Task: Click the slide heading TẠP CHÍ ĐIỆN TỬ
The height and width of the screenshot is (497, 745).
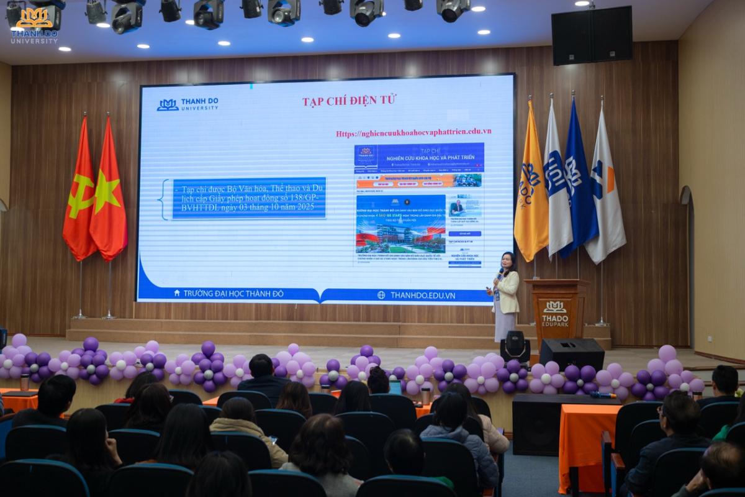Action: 349,101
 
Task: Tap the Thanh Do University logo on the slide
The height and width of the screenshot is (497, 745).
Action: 187,104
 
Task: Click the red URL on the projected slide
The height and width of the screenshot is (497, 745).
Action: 413,132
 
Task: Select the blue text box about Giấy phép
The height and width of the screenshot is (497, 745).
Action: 249,198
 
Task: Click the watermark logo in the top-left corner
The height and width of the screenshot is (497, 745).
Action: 34,25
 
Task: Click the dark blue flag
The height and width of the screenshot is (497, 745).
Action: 577,180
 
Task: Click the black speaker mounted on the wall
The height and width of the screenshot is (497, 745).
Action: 592,37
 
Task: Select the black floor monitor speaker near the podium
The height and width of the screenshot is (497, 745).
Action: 571,354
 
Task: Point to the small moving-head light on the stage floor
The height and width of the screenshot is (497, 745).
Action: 515,347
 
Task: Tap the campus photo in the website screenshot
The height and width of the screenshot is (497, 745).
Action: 400,224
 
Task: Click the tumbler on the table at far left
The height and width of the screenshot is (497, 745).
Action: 24,382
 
